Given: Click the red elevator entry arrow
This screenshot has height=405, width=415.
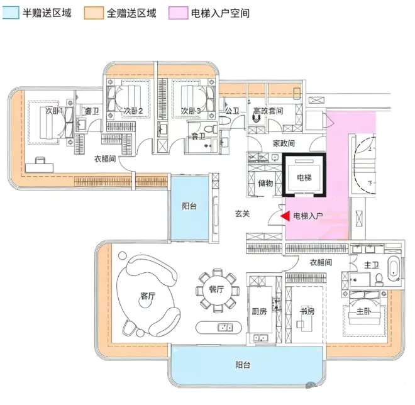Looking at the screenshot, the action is [284, 216].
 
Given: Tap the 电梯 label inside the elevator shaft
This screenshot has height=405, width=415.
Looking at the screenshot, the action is [304, 178].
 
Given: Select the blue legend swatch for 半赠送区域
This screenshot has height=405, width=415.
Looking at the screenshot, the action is [12, 13].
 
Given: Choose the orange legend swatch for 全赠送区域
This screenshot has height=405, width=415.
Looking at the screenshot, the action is [92, 13].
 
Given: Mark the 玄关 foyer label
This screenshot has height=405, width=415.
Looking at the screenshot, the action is [243, 214].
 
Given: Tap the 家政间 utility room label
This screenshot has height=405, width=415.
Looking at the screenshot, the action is [284, 143].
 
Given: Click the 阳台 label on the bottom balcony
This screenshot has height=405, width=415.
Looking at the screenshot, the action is [244, 365].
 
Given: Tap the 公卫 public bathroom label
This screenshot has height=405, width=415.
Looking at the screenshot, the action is [231, 111].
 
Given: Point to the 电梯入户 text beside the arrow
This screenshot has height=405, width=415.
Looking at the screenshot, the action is [307, 216].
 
